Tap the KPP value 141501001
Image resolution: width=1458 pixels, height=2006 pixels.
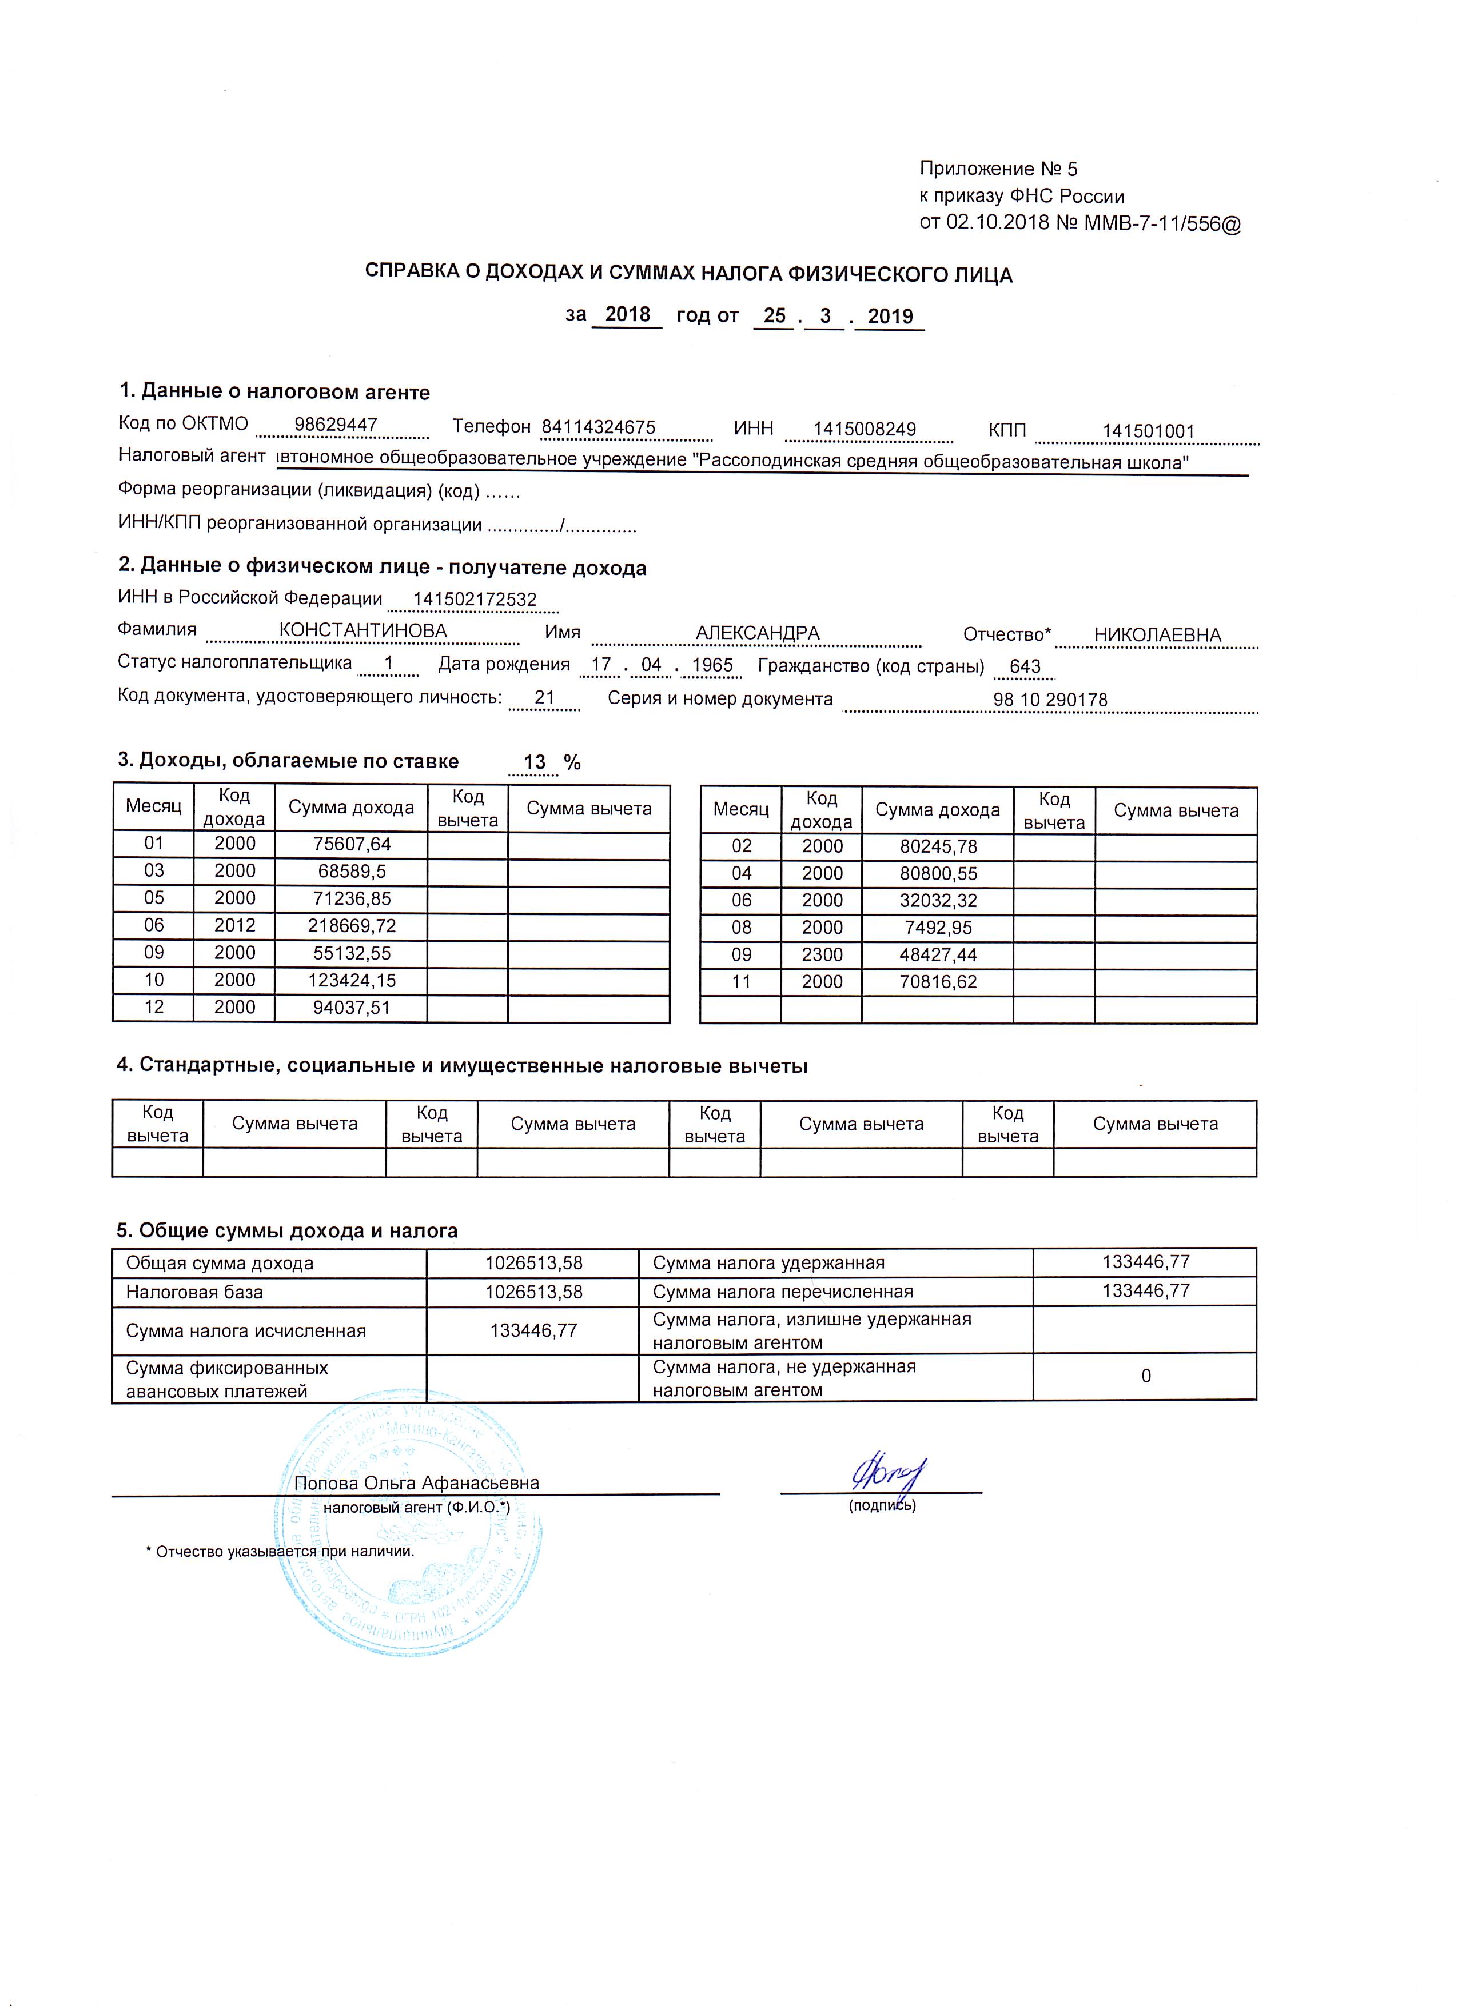tap(1148, 431)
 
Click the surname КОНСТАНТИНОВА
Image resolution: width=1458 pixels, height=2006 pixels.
tap(362, 632)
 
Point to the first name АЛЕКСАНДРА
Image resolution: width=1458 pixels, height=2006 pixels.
tap(758, 633)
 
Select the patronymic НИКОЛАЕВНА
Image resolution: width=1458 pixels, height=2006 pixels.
tap(1157, 635)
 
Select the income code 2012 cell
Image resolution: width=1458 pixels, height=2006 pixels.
tap(234, 926)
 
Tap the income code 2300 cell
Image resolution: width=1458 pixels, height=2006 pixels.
tap(822, 954)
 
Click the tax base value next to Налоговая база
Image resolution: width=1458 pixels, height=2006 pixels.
tap(533, 1292)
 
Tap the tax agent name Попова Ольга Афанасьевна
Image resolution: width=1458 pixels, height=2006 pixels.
tap(416, 1483)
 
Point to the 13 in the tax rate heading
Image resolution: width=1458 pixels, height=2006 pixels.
tap(535, 762)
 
